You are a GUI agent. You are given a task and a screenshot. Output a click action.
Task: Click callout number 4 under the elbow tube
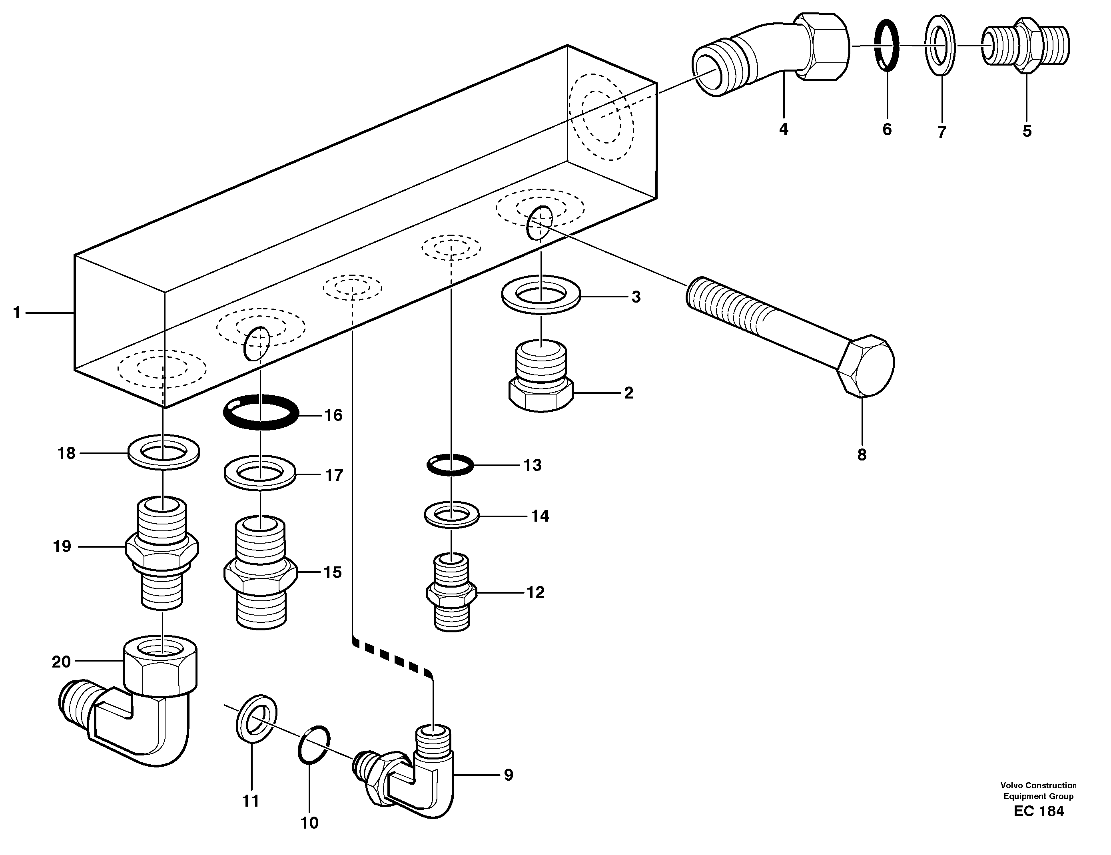tap(784, 129)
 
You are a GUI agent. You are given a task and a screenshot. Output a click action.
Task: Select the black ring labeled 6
tap(887, 46)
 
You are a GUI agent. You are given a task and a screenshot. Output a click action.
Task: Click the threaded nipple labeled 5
tap(1025, 46)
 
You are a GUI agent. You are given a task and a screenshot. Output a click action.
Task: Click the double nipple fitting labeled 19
tap(162, 552)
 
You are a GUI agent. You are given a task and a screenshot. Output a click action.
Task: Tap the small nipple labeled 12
tap(451, 592)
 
